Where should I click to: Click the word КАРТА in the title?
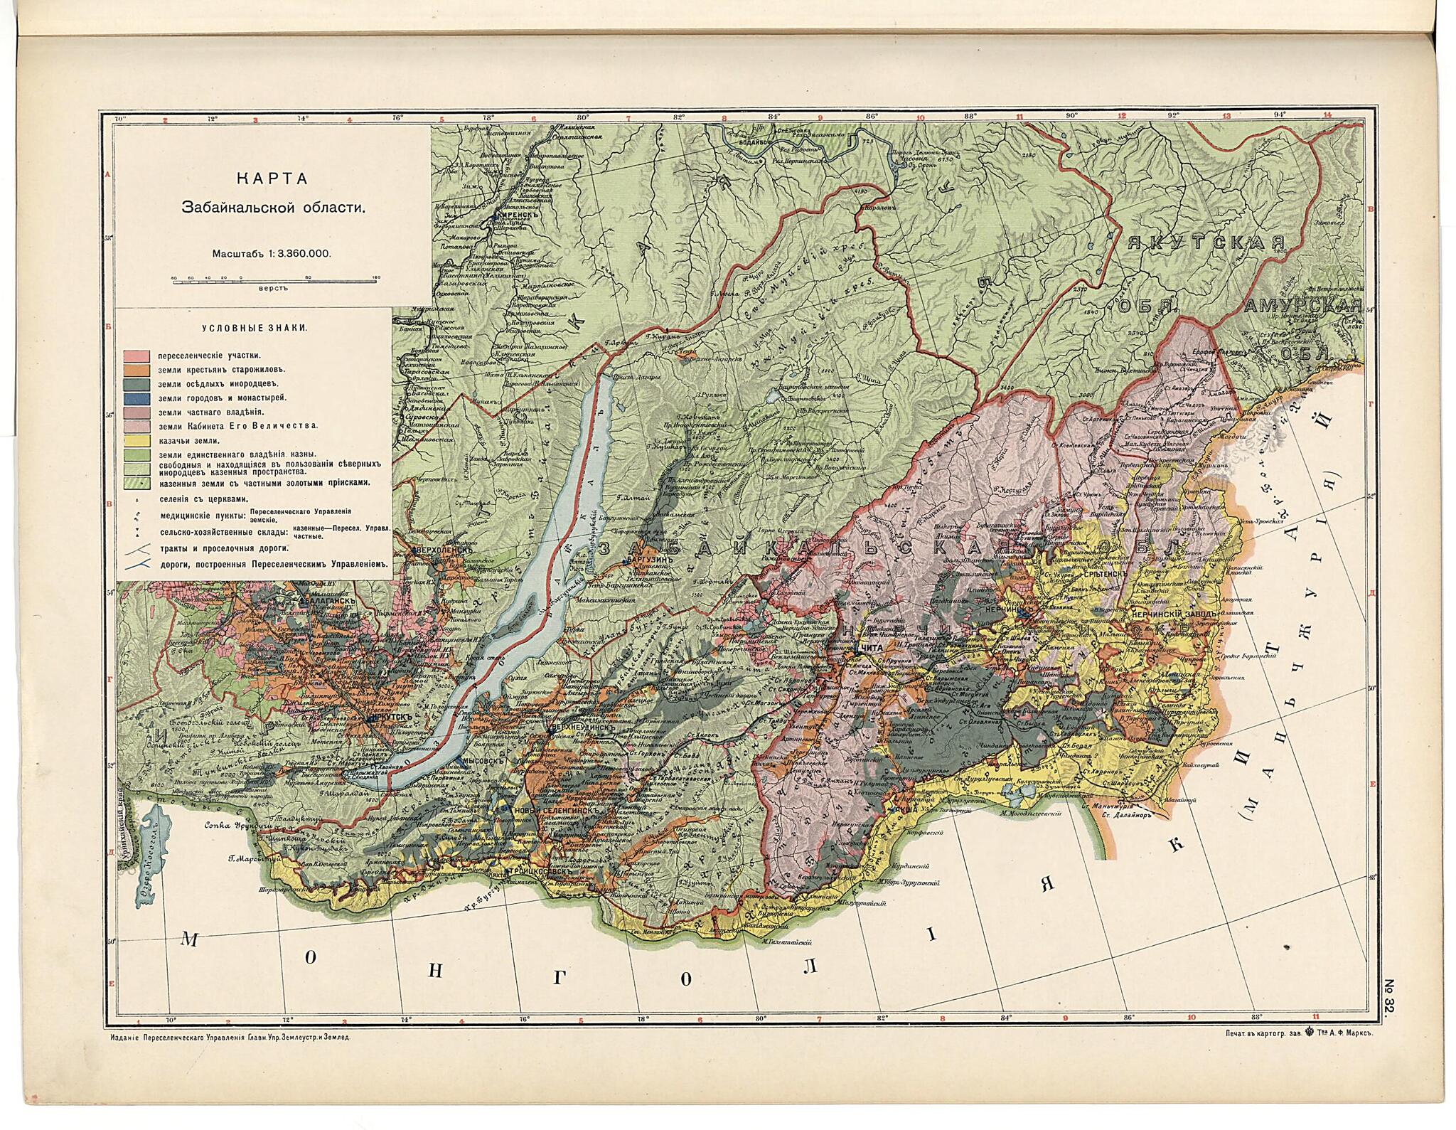(272, 179)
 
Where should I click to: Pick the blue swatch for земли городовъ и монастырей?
(135, 398)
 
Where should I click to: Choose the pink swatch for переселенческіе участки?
(135, 355)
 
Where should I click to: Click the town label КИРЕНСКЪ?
(515, 214)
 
